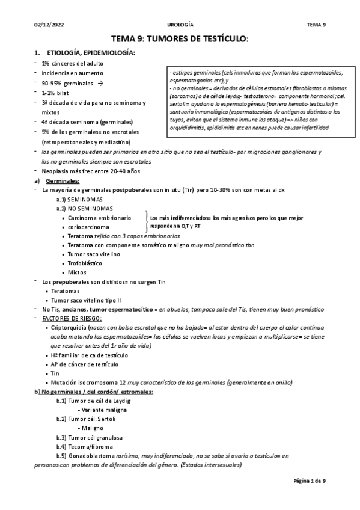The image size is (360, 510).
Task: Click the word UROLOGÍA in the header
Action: [x=180, y=25]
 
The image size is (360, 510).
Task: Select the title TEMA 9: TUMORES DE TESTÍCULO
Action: [x=180, y=39]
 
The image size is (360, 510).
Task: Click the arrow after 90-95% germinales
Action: [x=100, y=82]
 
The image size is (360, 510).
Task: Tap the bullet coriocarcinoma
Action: [x=88, y=227]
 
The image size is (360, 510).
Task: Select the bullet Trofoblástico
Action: [x=86, y=263]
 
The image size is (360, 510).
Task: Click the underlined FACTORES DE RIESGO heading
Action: [x=72, y=318]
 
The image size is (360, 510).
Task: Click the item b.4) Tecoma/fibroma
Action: [x=84, y=447]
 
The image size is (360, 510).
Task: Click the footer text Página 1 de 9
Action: [x=309, y=481]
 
